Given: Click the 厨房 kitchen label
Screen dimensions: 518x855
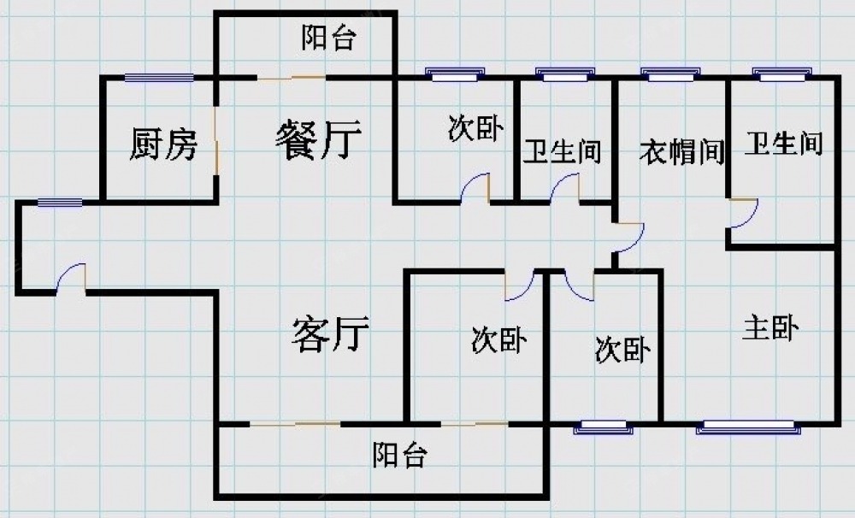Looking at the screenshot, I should pos(163,145).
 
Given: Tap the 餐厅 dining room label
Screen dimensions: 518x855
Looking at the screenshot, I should pos(318,138).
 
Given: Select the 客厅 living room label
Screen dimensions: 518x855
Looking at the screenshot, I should pos(330,334).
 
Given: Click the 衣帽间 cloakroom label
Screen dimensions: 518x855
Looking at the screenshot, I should pos(681,153).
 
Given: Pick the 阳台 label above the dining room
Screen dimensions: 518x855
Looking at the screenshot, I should pos(328,38).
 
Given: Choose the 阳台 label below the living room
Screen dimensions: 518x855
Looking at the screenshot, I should pos(399,456).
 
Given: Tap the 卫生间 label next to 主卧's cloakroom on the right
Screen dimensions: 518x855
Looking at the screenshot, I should pos(783,144).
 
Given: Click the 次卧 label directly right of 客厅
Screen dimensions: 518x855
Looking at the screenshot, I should pos(498,341).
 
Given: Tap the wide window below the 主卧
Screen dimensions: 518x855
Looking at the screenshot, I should pos(745,425).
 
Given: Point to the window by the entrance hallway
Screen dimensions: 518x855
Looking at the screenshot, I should pos(60,203).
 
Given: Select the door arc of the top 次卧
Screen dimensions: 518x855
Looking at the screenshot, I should pos(475,189).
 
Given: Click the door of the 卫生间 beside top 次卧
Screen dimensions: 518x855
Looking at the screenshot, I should pos(565,189).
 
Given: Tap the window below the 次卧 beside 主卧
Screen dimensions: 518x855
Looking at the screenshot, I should pos(602,426).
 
